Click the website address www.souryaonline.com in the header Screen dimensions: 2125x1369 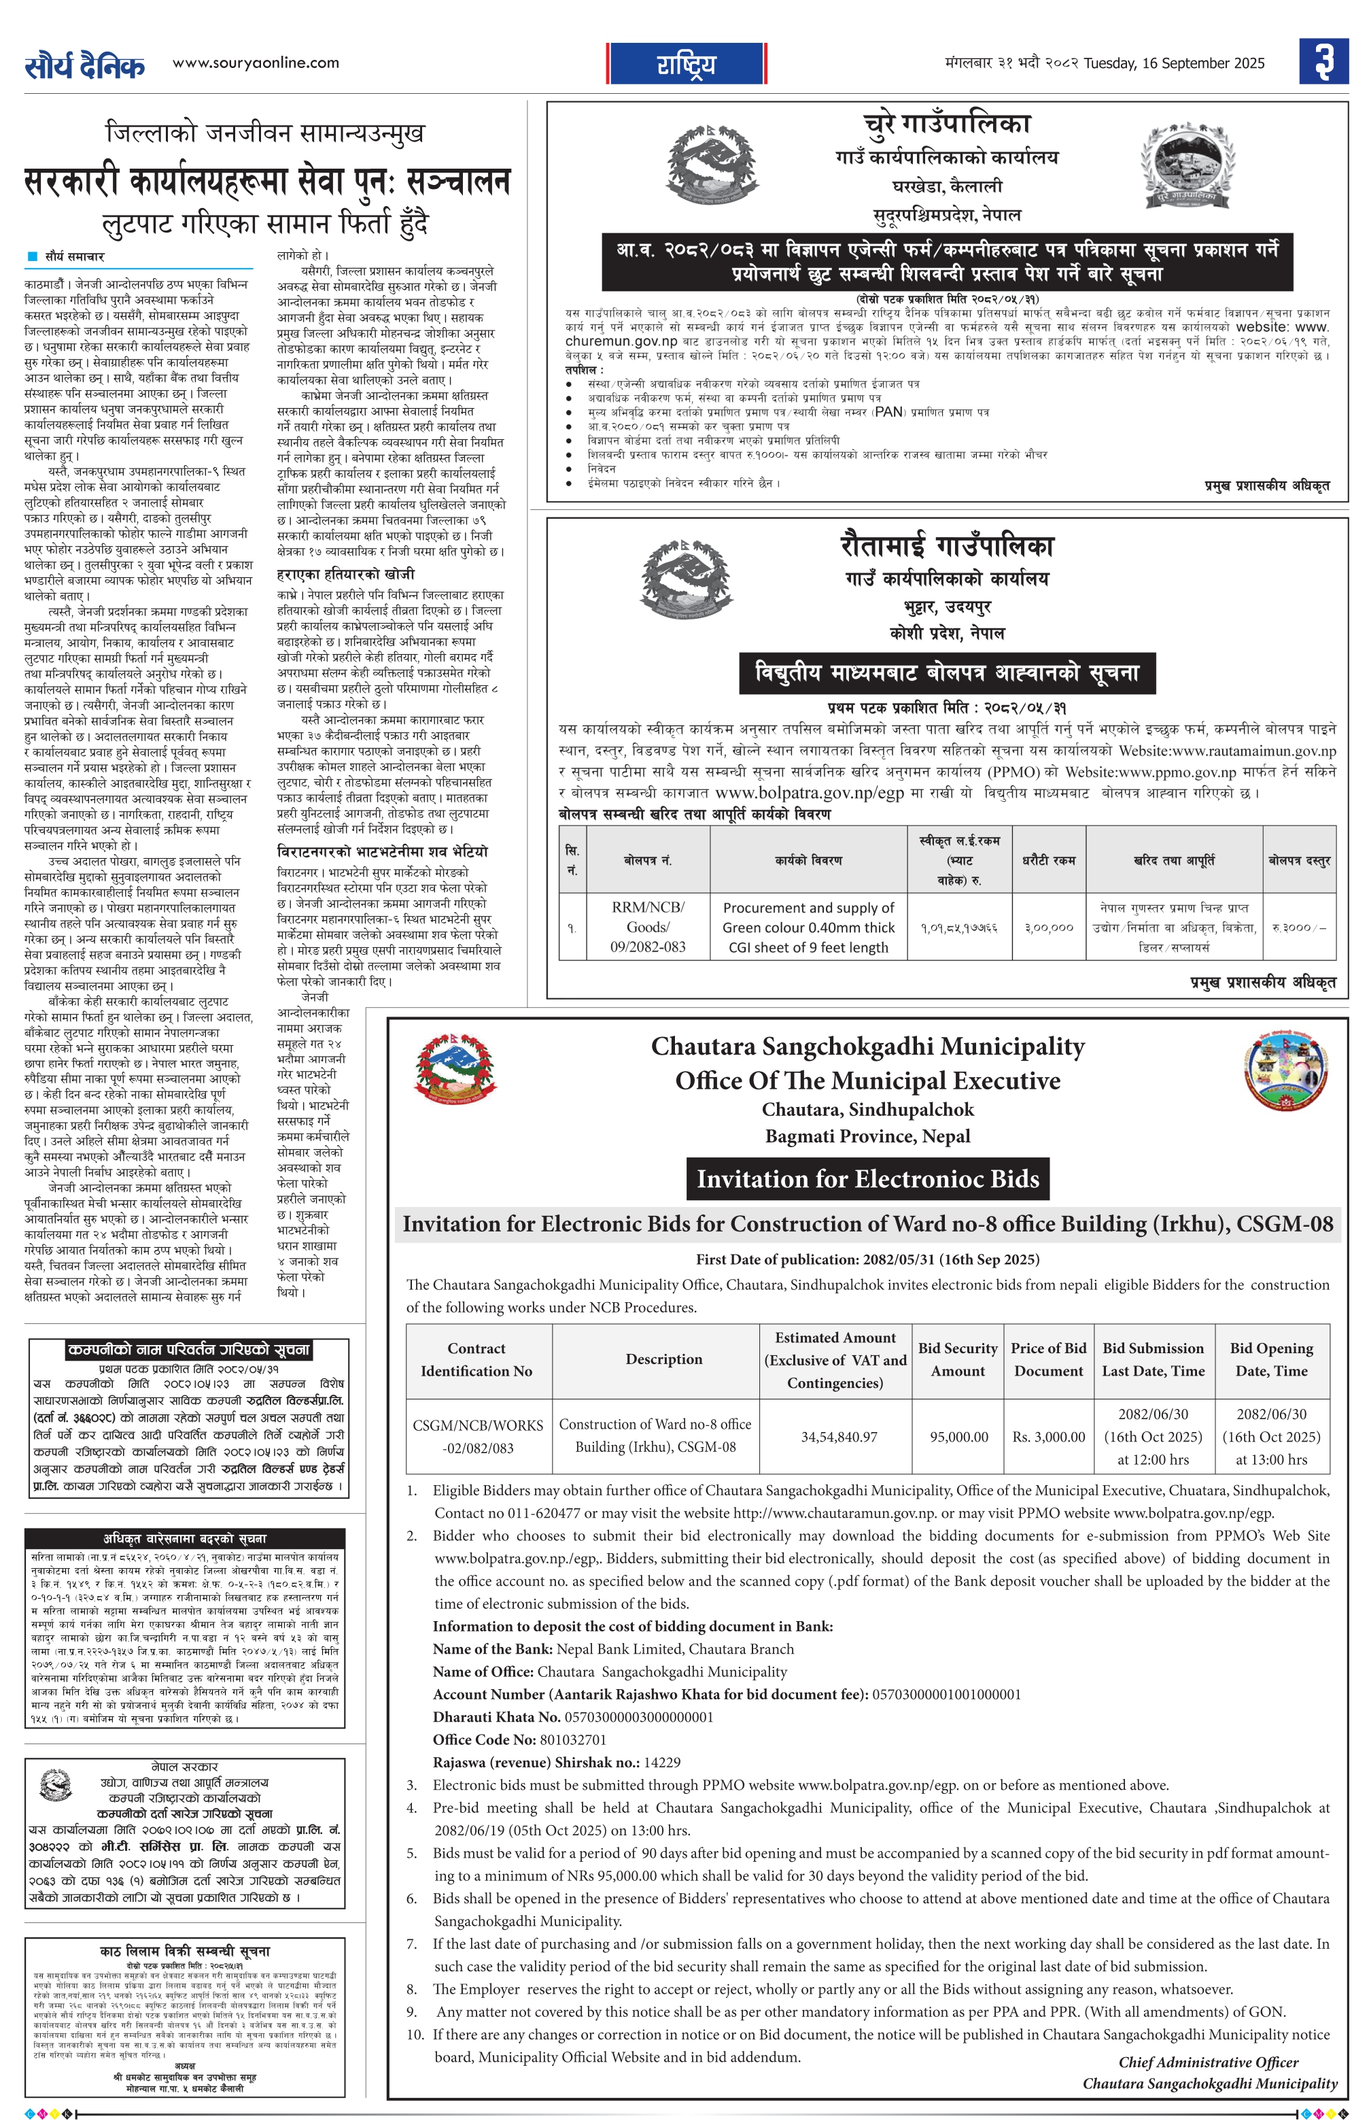(255, 63)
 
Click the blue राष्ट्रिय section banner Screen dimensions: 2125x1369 (687, 64)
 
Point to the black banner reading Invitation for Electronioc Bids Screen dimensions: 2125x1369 (867, 1179)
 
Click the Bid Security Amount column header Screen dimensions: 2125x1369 (957, 1359)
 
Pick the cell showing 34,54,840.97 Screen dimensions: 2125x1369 (838, 1436)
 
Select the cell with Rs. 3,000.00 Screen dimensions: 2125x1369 (1048, 1436)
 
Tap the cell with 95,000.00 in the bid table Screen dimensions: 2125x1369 (957, 1436)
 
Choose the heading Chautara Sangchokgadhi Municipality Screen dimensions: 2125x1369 (867, 1047)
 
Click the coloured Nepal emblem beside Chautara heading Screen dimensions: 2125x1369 (455, 1070)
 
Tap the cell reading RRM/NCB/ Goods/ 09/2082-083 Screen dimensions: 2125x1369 (648, 928)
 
